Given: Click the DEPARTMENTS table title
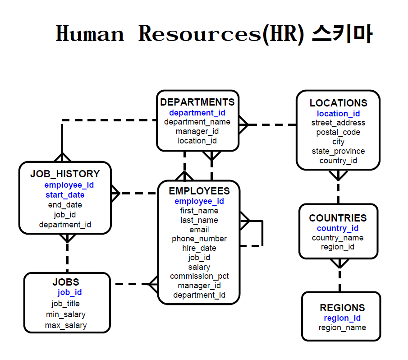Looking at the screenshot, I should (197, 102).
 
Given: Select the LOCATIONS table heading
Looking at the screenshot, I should (338, 103).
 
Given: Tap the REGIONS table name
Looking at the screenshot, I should (342, 308).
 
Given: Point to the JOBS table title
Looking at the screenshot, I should (66, 282).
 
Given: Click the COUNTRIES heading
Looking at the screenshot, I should (338, 218).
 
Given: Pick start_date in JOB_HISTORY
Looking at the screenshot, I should (65, 195).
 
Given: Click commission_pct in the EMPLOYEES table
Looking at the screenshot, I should (199, 276).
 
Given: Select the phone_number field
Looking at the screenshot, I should (199, 239).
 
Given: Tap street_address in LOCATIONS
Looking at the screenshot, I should (338, 123).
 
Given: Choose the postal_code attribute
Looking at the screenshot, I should (338, 132).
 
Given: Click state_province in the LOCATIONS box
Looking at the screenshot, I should (338, 151).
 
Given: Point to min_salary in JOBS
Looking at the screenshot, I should (66, 314).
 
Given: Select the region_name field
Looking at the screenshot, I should (342, 328).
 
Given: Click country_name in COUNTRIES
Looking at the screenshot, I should (338, 238).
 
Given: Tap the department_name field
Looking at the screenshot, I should (197, 122).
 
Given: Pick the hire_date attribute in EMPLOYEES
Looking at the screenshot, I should (199, 248).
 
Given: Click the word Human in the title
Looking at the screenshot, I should (90, 34).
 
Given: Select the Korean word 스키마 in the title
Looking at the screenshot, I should (342, 34).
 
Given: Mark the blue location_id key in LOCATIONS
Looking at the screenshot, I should (338, 114).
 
